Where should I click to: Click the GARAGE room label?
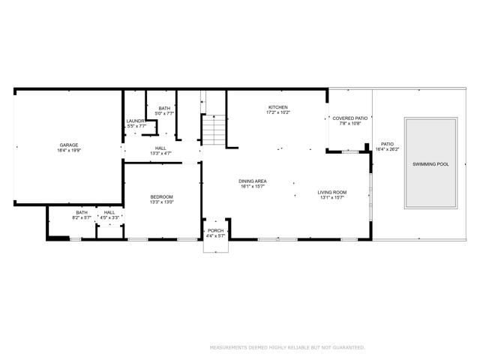pos(69,145)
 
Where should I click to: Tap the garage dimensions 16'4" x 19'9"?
pos(69,150)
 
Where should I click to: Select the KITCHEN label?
pos(277,107)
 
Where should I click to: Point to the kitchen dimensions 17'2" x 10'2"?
pos(277,112)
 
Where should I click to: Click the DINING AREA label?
pos(253,181)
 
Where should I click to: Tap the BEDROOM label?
pos(161,196)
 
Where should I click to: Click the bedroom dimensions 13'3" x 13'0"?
pos(161,202)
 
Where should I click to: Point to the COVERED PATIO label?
pos(350,118)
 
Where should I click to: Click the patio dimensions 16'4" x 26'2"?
pos(387,149)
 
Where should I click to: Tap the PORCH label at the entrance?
pos(216,231)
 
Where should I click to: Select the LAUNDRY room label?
pos(135,121)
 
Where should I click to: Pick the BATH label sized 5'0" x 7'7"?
pos(164,108)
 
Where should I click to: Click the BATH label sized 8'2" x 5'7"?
pos(81,212)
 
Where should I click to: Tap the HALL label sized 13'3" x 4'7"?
pos(160,148)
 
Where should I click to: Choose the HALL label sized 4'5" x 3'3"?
pos(109,212)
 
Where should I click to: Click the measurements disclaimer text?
pos(286,347)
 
